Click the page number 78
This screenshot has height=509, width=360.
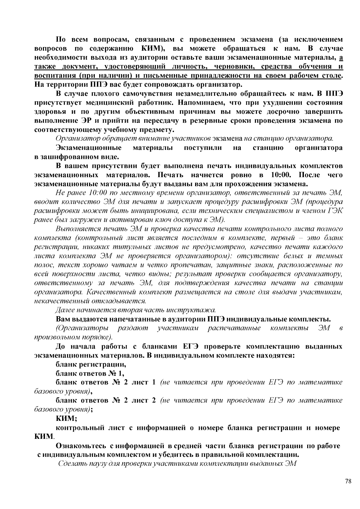[x=348, y=481]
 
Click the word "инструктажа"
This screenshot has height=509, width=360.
[x=196, y=310]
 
